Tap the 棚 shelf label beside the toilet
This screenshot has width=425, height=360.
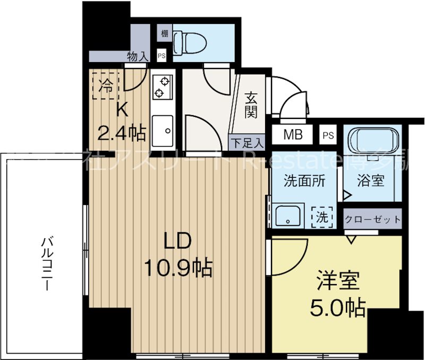point(164,33)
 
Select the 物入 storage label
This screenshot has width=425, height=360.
point(138,56)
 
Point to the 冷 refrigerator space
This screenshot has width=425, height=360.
point(107,85)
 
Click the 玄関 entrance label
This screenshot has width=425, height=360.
point(251,105)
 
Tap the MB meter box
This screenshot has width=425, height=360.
point(293,135)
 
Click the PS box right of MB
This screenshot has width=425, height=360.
point(328,135)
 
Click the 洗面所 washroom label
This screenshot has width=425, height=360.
point(303,181)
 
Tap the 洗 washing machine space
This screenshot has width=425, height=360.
point(323,216)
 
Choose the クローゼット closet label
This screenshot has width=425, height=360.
point(372,219)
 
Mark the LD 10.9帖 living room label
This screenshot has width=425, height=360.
point(177,254)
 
